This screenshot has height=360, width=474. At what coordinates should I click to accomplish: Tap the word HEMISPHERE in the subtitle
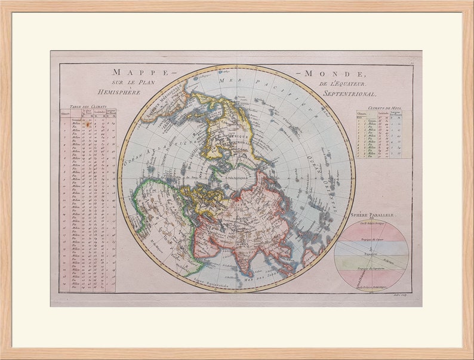tap(119, 93)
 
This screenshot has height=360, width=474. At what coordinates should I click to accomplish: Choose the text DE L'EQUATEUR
tap(342, 84)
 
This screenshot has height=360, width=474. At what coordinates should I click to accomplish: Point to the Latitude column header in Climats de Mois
tap(382, 113)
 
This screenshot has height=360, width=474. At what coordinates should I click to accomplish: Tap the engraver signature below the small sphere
tap(400, 294)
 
